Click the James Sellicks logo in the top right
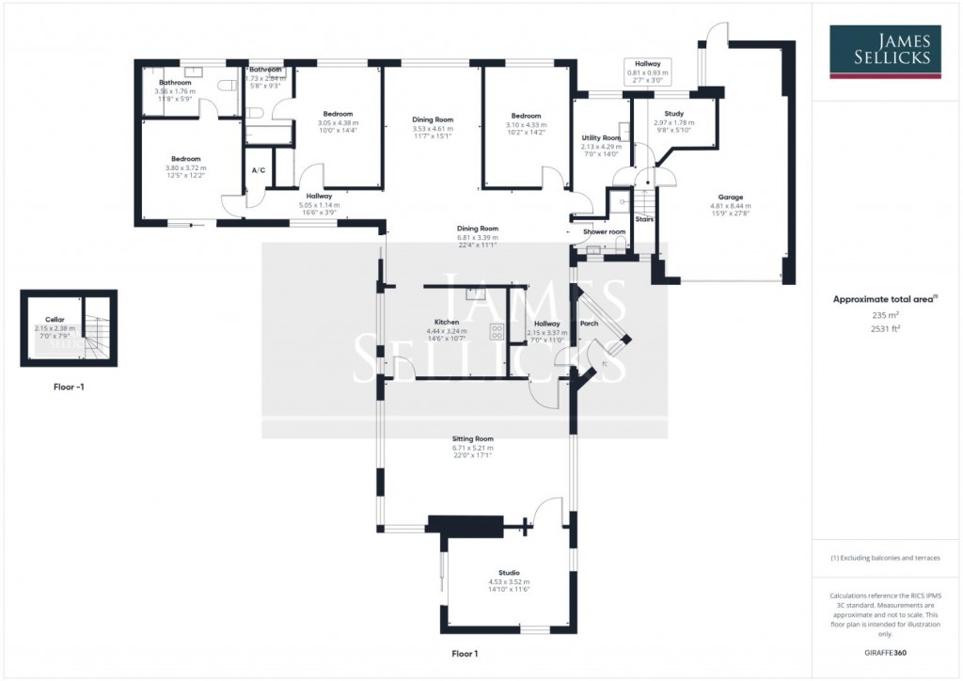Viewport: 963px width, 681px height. pos(886,51)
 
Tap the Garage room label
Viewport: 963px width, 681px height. pos(730,198)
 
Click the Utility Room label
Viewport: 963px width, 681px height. pos(601,137)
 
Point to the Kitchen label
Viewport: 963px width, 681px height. pos(446,323)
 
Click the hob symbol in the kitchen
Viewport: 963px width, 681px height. pos(496,331)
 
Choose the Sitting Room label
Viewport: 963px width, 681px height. pos(472,439)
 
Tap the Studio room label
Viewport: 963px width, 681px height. pos(509,572)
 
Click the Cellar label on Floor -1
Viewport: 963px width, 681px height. pos(55,320)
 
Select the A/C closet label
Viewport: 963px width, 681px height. pos(258,170)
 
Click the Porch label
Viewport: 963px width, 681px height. pos(589,324)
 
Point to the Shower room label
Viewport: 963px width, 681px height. pos(604,231)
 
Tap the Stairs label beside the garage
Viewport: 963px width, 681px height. pos(644,219)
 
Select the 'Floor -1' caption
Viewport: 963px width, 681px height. pos(69,387)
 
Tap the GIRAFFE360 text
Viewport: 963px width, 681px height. pos(885,651)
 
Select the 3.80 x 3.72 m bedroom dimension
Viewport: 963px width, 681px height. pos(185,168)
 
